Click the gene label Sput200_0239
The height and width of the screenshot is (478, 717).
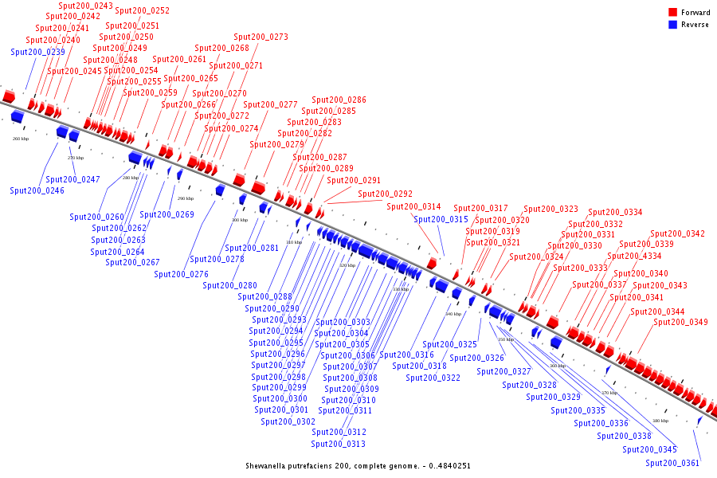pyautogui.click(x=38, y=52)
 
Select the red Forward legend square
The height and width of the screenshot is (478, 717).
pyautogui.click(x=672, y=12)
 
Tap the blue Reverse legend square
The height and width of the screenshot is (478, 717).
pyautogui.click(x=672, y=25)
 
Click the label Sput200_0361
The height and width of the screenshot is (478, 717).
pyautogui.click(x=672, y=463)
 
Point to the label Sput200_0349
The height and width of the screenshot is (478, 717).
pyautogui.click(x=680, y=322)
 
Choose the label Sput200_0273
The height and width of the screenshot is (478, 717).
pyautogui.click(x=261, y=37)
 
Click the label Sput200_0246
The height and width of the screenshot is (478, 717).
pyautogui.click(x=37, y=190)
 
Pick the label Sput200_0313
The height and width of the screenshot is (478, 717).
pyautogui.click(x=338, y=444)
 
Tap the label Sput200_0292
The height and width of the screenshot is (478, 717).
pyautogui.click(x=385, y=194)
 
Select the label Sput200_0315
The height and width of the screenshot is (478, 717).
pyautogui.click(x=441, y=219)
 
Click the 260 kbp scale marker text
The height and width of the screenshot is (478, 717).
pyautogui.click(x=21, y=139)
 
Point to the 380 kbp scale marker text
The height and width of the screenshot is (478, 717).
pyautogui.click(x=660, y=421)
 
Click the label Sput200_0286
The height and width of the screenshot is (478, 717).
pyautogui.click(x=339, y=100)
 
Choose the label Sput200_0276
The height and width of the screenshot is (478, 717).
pyautogui.click(x=181, y=274)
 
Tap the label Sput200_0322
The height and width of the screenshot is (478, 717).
pyautogui.click(x=433, y=378)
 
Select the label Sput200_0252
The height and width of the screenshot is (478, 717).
pyautogui.click(x=142, y=10)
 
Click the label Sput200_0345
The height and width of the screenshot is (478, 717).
pyautogui.click(x=649, y=449)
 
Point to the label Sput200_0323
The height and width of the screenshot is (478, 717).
pyautogui.click(x=550, y=209)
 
